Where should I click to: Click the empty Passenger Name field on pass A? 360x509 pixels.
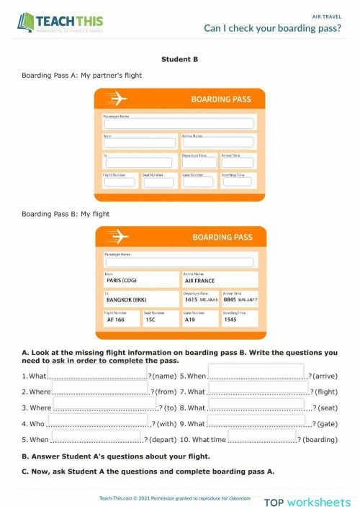[179, 124]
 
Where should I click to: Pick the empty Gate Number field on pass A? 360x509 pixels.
[198, 182]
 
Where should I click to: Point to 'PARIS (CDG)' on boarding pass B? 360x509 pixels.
[122, 281]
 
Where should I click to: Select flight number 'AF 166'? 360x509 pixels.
[115, 320]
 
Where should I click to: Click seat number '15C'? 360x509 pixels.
[150, 320]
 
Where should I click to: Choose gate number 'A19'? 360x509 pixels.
[189, 320]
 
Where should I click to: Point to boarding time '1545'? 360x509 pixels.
[230, 320]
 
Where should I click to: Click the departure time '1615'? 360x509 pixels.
[191, 299]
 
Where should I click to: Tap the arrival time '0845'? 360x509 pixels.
[230, 299]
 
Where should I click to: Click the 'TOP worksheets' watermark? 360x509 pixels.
[307, 502]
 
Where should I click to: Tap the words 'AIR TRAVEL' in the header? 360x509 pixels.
[326, 14]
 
